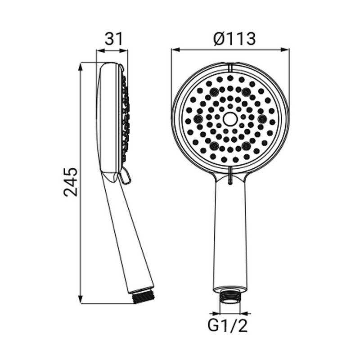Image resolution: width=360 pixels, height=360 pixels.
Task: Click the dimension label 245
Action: (x=71, y=182)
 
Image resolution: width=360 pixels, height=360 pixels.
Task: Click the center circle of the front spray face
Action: (x=230, y=119)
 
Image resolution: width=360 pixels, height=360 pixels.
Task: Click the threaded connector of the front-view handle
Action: (x=230, y=297)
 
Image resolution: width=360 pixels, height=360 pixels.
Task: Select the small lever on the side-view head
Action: (x=126, y=176)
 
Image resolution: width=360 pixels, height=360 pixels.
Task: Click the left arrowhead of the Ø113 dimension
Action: (x=174, y=49)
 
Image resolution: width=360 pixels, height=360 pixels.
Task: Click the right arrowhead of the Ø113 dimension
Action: (x=286, y=49)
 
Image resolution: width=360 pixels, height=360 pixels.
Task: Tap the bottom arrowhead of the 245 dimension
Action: (x=81, y=301)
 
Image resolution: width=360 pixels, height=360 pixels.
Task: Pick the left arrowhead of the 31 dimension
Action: (x=99, y=50)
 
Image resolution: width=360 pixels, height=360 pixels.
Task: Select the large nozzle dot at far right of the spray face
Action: (x=263, y=119)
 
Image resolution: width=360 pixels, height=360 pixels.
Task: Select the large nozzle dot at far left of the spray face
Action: (x=197, y=119)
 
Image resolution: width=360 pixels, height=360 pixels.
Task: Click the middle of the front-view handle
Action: (x=230, y=234)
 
